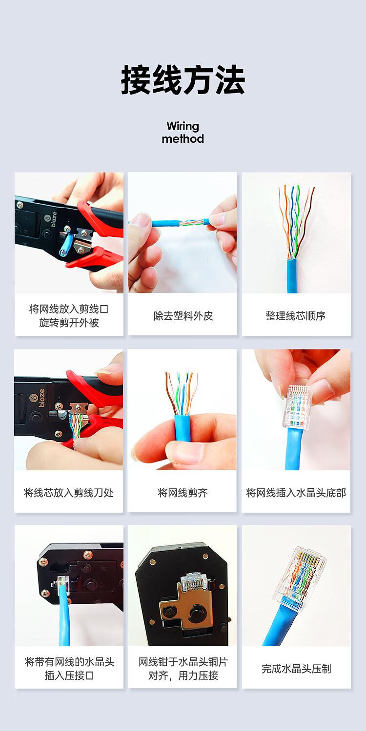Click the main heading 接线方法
tap(183, 80)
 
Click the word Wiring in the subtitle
tap(183, 126)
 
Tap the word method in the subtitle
tap(183, 139)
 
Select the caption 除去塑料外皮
tap(183, 316)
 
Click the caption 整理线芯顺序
tap(296, 316)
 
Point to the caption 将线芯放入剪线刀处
tap(69, 493)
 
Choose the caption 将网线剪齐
tap(183, 493)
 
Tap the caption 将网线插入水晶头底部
tap(296, 493)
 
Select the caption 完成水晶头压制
tap(296, 669)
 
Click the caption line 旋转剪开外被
tap(69, 323)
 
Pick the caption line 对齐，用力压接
tap(183, 675)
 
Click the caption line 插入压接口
tap(69, 675)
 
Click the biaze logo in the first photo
tap(53, 217)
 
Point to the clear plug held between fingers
tap(298, 407)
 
